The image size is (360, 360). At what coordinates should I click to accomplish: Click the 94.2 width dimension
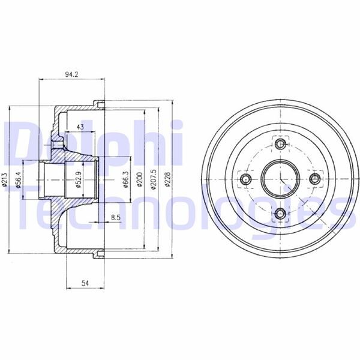tap(73, 76)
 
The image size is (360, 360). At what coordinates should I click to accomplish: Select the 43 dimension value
tap(80, 126)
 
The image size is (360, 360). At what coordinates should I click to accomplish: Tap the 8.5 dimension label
tap(114, 217)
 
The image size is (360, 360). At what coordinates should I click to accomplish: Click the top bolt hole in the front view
tap(280, 144)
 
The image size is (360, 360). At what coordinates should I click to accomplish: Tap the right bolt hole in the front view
tap(314, 179)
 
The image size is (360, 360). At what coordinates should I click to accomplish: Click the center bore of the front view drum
tap(280, 179)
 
